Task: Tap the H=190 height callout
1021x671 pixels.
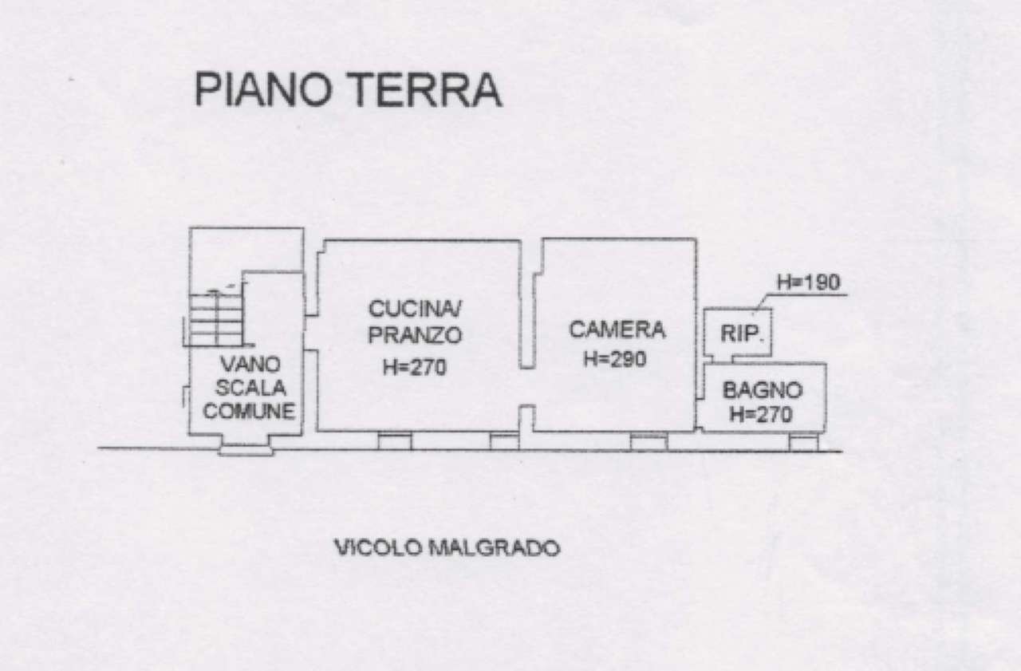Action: click(x=809, y=282)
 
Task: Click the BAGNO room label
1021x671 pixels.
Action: click(x=761, y=390)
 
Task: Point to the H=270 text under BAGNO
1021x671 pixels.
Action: click(x=761, y=414)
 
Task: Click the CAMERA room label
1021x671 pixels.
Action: click(x=616, y=329)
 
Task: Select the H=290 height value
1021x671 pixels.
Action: click(x=614, y=359)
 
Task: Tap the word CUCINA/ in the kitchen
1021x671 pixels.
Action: click(x=415, y=308)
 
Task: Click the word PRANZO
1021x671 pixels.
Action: click(x=415, y=336)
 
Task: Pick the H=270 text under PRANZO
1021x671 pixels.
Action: click(x=415, y=367)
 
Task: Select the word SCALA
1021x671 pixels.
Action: click(x=250, y=389)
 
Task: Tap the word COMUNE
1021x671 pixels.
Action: click(x=250, y=412)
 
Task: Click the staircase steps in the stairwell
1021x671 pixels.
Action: click(x=215, y=319)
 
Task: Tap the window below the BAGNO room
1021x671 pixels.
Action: click(x=803, y=441)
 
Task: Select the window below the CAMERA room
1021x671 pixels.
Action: click(x=648, y=441)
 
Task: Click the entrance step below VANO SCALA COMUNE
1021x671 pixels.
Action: click(x=246, y=451)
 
